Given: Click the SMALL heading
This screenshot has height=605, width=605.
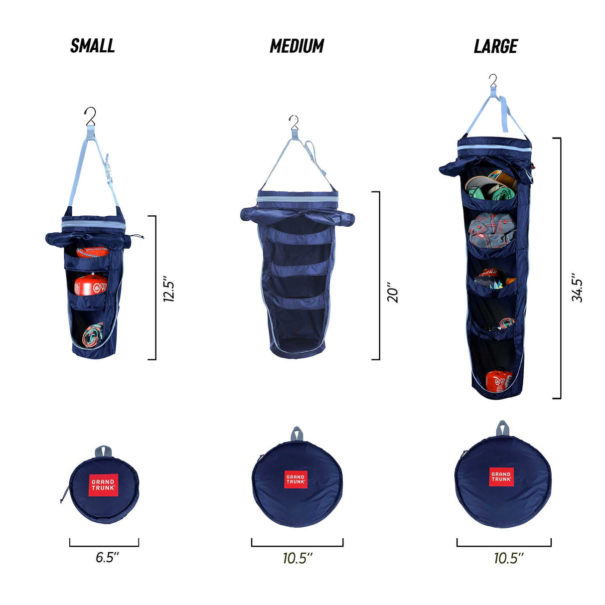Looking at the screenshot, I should [93, 46].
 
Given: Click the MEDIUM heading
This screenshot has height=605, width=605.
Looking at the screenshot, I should [297, 46].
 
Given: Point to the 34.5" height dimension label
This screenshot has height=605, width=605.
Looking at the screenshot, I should [577, 287].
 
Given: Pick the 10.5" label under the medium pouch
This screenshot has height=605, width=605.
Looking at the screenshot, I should [298, 558].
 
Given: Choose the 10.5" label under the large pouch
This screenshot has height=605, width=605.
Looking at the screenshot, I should [508, 558].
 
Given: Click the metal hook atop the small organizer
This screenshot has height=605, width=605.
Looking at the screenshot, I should [90, 117].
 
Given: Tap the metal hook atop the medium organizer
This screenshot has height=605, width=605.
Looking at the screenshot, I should [294, 123].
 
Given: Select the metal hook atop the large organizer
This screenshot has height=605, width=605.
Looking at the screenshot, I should [493, 80].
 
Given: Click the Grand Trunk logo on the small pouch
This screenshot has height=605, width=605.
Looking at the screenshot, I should [104, 485].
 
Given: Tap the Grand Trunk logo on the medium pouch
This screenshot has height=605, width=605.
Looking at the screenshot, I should [296, 479].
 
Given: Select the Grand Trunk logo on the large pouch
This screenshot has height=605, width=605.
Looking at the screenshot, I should [501, 476].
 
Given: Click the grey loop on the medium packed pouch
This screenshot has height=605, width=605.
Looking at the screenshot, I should [298, 433].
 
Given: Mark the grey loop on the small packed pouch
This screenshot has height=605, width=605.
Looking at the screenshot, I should [103, 451].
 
